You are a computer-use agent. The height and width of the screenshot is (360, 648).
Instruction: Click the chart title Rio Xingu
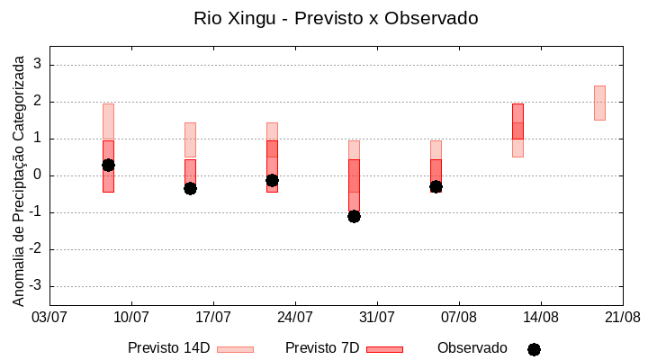click(336, 18)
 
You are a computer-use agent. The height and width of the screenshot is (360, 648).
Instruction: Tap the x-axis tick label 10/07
click(131, 318)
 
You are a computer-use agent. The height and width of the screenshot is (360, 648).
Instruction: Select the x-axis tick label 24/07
click(295, 318)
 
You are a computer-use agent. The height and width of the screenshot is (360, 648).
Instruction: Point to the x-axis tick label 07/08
click(459, 318)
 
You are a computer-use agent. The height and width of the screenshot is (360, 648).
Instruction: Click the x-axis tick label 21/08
click(623, 318)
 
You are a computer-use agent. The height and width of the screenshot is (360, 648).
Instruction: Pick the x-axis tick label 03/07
click(49, 318)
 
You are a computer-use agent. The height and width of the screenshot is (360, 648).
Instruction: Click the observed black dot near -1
click(354, 216)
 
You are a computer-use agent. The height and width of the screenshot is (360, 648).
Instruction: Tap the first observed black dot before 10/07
click(108, 165)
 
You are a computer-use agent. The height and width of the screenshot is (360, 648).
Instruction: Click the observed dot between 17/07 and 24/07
click(272, 180)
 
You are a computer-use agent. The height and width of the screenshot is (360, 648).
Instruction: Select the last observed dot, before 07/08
click(436, 186)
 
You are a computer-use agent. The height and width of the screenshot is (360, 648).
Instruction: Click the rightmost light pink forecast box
click(599, 103)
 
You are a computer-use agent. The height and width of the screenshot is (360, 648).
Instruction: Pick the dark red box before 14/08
click(517, 121)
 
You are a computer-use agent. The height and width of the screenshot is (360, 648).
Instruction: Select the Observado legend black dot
click(534, 349)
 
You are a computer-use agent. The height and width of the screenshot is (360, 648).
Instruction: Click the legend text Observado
click(472, 347)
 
